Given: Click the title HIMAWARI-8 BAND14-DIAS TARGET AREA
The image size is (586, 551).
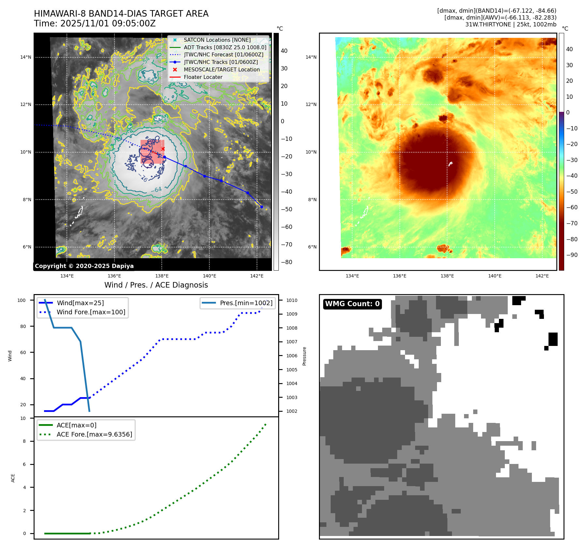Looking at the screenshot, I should tap(121, 14).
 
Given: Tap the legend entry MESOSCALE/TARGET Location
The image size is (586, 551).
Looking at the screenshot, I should tap(221, 69).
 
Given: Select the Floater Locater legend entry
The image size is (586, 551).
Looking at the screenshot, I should tap(203, 77).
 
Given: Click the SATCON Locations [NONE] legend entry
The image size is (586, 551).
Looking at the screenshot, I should tap(217, 40).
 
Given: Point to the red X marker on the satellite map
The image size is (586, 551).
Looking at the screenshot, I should tap(163, 149).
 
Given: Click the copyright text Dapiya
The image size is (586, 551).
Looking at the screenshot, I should tap(84, 266).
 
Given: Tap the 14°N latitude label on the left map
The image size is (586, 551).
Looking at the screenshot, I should tap(26, 57).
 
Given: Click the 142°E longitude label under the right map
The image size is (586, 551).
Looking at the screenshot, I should tap(542, 276).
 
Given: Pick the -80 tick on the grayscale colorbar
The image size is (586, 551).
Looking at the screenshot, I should tap(287, 262).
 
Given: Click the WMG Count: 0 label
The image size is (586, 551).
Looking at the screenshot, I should tap(352, 304).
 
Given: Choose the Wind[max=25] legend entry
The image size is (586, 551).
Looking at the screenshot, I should tap(80, 303).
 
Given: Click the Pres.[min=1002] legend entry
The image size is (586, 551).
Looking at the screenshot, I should tap(246, 303).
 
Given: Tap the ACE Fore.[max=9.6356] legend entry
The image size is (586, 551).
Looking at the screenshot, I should tap(94, 434).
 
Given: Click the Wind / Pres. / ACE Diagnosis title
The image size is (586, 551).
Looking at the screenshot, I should tap(156, 285).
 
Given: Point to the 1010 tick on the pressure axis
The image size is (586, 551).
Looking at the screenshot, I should tap(292, 300).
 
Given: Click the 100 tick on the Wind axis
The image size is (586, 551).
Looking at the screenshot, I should tap(22, 300).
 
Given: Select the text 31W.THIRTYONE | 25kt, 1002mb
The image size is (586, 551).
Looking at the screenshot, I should tap(511, 24).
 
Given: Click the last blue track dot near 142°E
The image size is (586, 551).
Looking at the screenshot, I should tap(262, 207).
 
